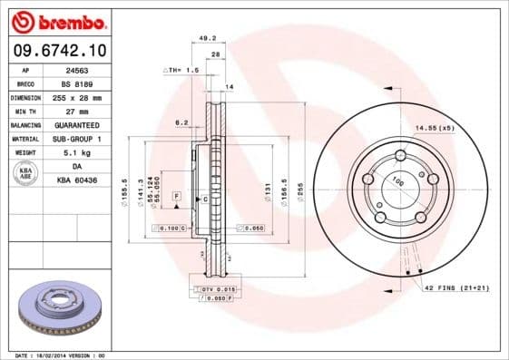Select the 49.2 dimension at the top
206,38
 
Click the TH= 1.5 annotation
180,70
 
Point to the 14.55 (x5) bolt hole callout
433,129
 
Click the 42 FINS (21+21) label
457,287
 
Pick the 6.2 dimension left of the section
181,122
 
